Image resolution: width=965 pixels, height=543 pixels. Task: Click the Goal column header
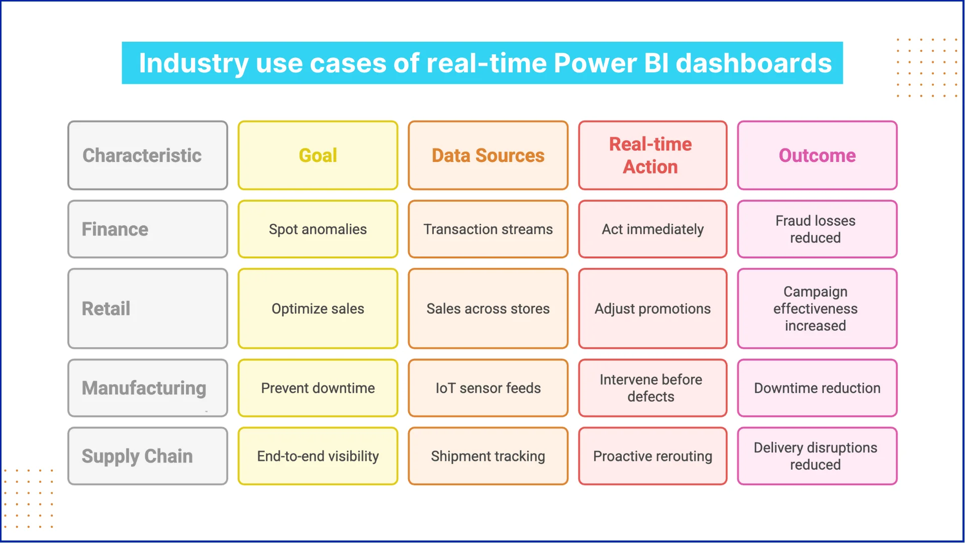[x=318, y=155]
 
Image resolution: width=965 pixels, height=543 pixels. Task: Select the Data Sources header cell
[x=488, y=155]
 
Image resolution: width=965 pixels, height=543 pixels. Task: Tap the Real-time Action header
[x=652, y=155]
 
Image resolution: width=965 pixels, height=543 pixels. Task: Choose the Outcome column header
[x=817, y=155]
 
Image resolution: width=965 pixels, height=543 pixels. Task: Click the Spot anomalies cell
[x=318, y=229]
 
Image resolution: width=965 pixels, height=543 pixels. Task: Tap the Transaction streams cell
[x=488, y=229]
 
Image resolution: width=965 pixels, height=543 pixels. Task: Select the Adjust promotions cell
[x=652, y=308]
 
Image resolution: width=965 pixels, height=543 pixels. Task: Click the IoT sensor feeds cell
[x=488, y=388]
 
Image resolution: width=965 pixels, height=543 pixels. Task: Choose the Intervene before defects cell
[x=652, y=388]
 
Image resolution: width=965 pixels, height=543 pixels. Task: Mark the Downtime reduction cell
[x=817, y=388]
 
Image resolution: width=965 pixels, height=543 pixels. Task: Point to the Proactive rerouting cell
[x=652, y=456]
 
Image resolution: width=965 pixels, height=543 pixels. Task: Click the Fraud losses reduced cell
[x=817, y=229]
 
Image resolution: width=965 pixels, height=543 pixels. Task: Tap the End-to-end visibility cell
[x=318, y=456]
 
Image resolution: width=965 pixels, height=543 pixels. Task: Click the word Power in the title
[x=595, y=63]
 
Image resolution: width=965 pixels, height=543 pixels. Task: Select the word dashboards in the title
[x=753, y=63]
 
